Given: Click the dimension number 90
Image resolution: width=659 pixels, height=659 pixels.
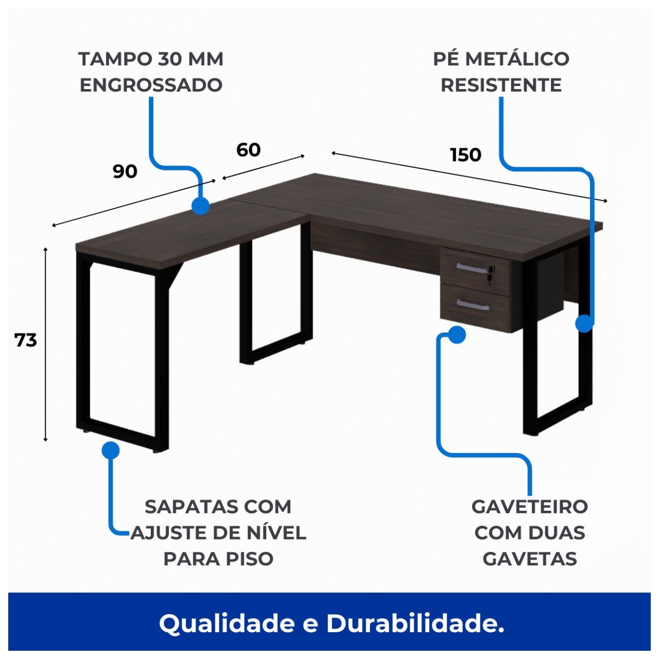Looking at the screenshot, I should pos(125,171).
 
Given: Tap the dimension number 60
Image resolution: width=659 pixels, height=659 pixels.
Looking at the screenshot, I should pos(248,150).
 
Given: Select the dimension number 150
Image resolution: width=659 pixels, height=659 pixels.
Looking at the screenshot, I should pos(465,154).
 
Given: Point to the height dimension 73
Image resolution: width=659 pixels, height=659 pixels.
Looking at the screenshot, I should pos(26,340).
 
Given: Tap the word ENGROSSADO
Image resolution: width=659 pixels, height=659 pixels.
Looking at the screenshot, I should pos(151,85).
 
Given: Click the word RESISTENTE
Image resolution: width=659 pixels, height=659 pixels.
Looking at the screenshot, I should pos(501,85).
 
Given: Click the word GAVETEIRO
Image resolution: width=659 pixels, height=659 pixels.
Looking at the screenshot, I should pos(529,507).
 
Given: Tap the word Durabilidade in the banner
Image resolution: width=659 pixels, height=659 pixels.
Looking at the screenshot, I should pos(415,624).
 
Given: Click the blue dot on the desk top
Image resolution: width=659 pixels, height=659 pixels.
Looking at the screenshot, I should pos(200,206).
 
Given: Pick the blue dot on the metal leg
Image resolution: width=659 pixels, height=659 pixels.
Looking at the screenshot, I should pos(584,324).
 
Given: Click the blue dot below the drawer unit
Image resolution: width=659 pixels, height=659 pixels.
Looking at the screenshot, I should pos(457,335).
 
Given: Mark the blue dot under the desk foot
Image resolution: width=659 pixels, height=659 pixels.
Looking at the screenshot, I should pos(110,450).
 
